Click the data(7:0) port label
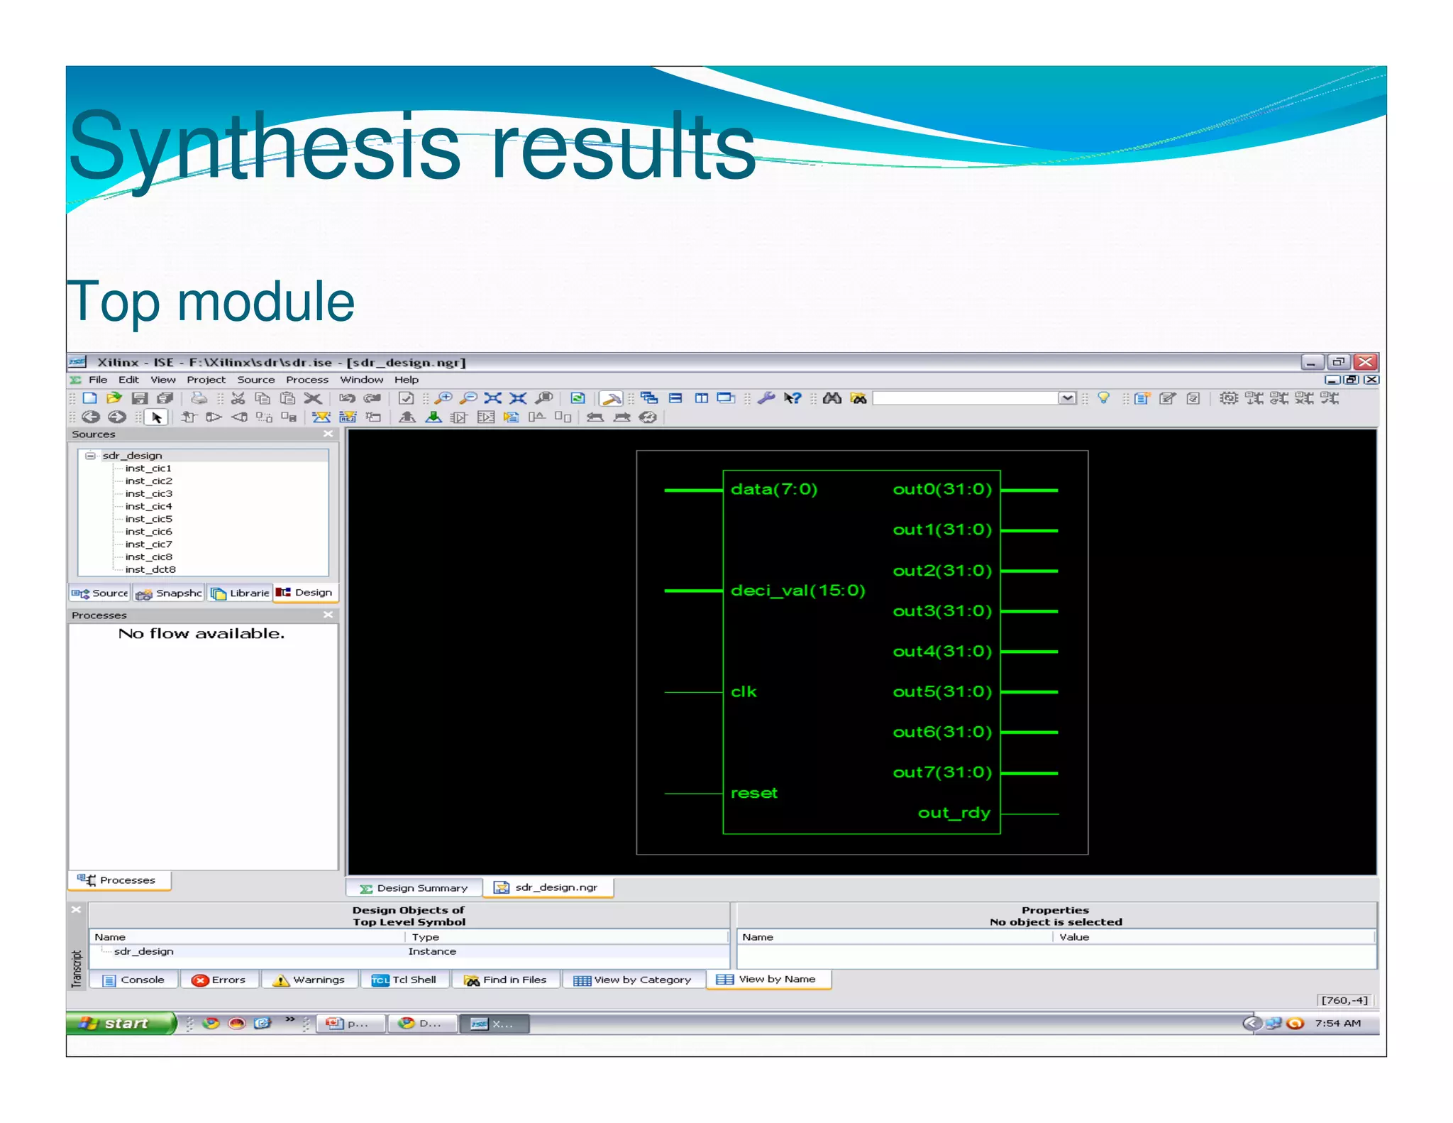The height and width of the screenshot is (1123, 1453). tap(774, 489)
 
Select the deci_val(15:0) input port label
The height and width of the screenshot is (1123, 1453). tap(798, 591)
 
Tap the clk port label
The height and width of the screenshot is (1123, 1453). tap(744, 692)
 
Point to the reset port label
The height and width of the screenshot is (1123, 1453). tap(754, 793)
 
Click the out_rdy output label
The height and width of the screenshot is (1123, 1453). tap(954, 813)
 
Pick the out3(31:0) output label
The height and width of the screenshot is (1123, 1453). tap(942, 611)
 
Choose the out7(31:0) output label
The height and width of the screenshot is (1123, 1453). tap(942, 772)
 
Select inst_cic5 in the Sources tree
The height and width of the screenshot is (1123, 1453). tap(148, 519)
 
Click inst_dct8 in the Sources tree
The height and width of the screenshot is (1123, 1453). tap(150, 569)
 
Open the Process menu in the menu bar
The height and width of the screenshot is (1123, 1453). tap(307, 380)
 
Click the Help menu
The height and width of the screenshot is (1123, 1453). tap(407, 380)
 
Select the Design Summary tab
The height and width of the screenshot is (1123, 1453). tap(414, 888)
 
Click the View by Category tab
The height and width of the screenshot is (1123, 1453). tap(634, 980)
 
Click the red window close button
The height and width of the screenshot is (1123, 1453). tap(1366, 362)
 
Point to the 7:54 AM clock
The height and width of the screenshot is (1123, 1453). tap(1337, 1023)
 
